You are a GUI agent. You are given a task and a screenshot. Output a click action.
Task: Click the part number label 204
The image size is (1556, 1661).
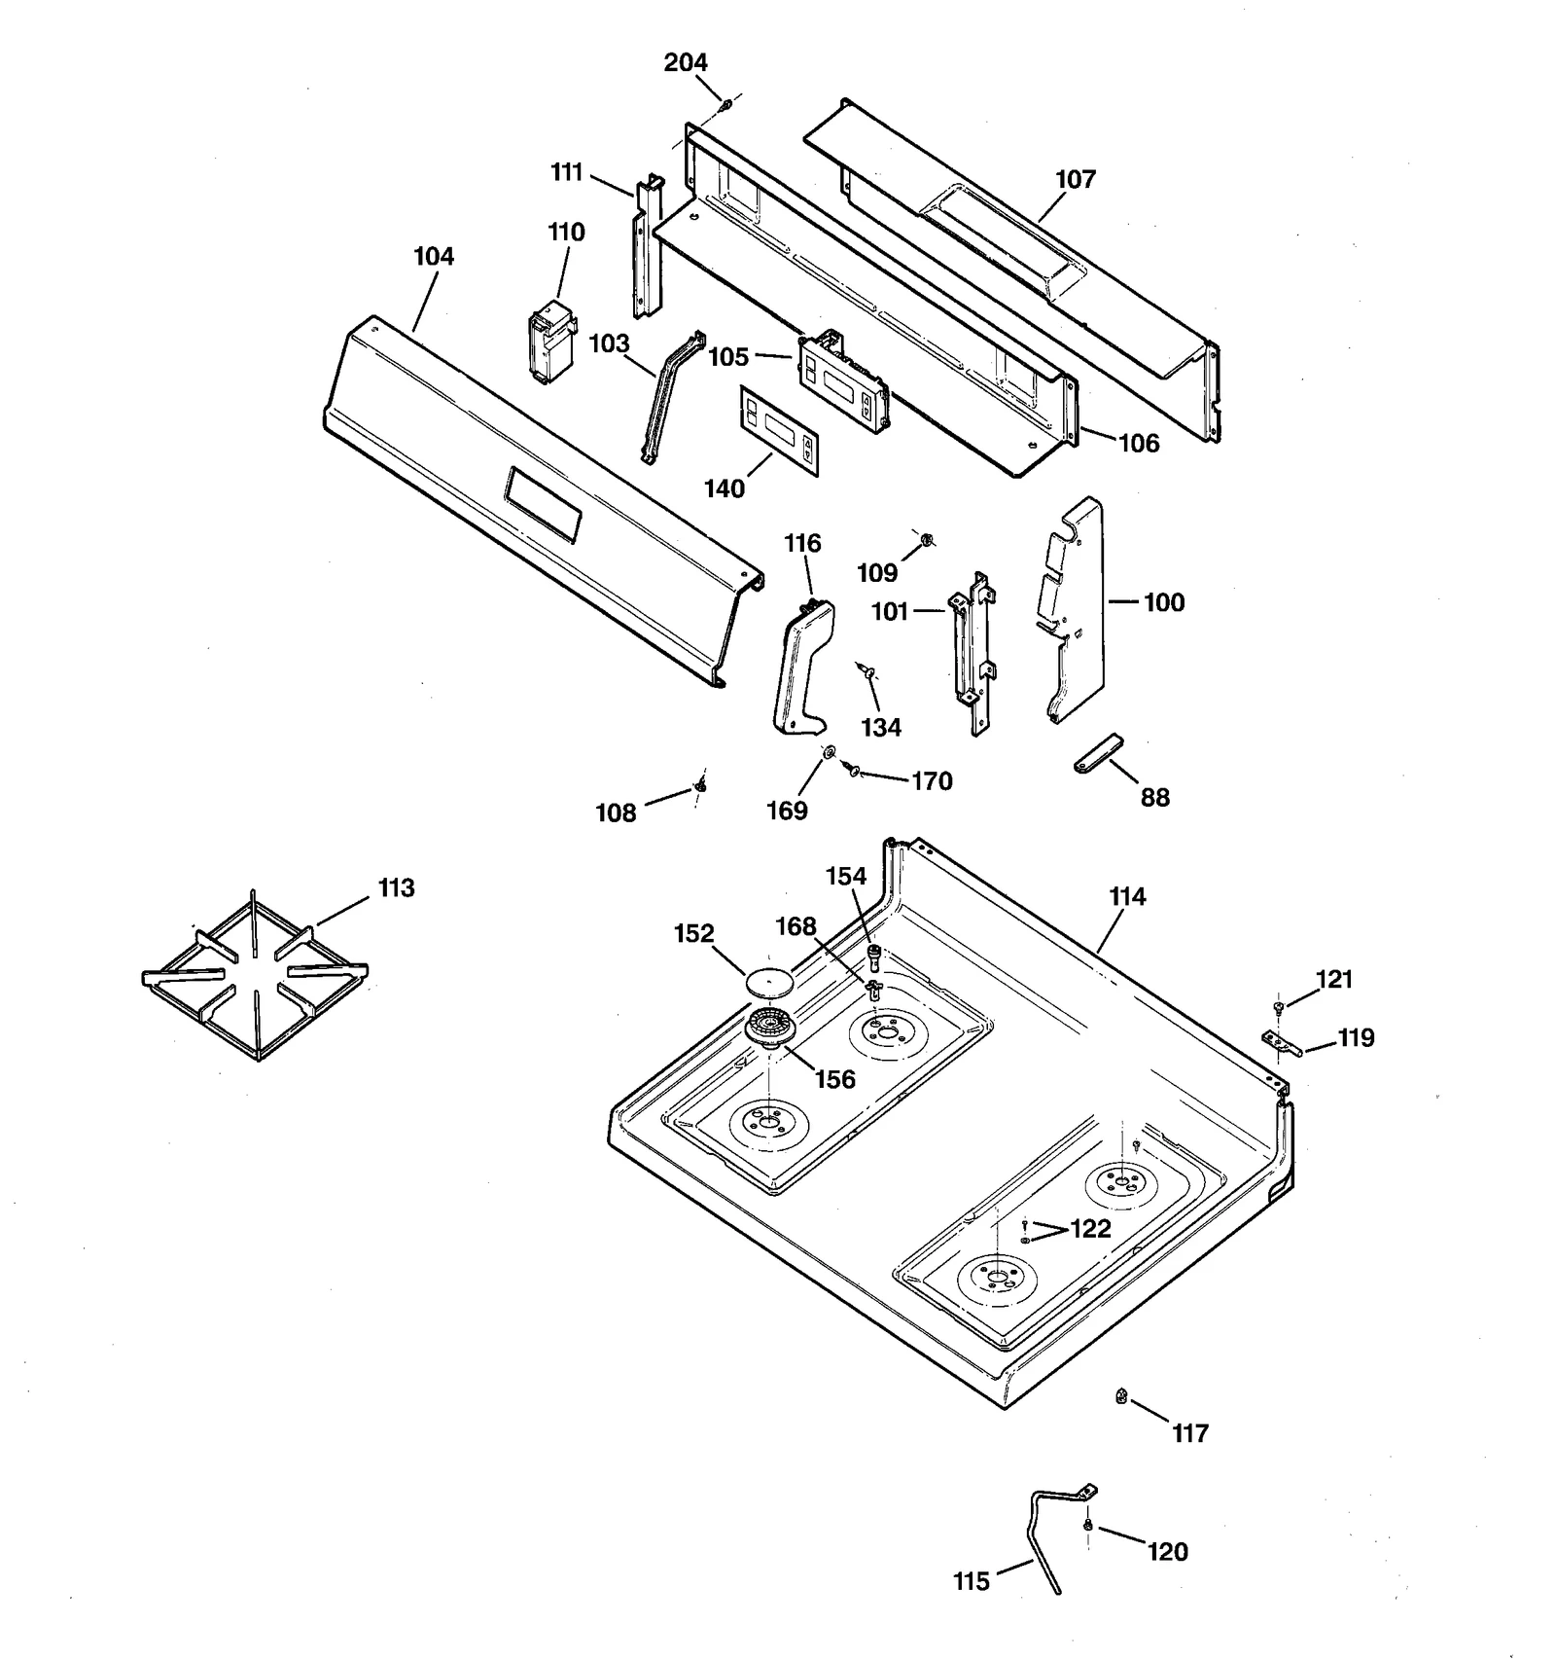(685, 62)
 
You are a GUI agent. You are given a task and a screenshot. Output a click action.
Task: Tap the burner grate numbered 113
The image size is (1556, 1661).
(255, 976)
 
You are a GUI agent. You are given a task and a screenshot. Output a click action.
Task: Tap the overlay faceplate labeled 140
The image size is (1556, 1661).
(778, 431)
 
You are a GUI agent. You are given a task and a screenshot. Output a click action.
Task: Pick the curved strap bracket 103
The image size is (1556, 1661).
(670, 399)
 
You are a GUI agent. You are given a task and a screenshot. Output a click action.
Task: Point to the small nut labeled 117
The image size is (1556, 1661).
(1120, 1397)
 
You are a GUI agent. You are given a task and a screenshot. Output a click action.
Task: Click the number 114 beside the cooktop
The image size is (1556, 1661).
(1127, 897)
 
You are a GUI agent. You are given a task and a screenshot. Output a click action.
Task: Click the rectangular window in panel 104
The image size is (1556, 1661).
(544, 503)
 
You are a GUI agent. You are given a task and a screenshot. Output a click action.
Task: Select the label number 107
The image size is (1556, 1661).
(1075, 179)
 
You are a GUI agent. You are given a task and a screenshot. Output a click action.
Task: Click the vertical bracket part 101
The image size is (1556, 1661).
(972, 652)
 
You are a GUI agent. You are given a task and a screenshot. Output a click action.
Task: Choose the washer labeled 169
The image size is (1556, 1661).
(830, 751)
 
